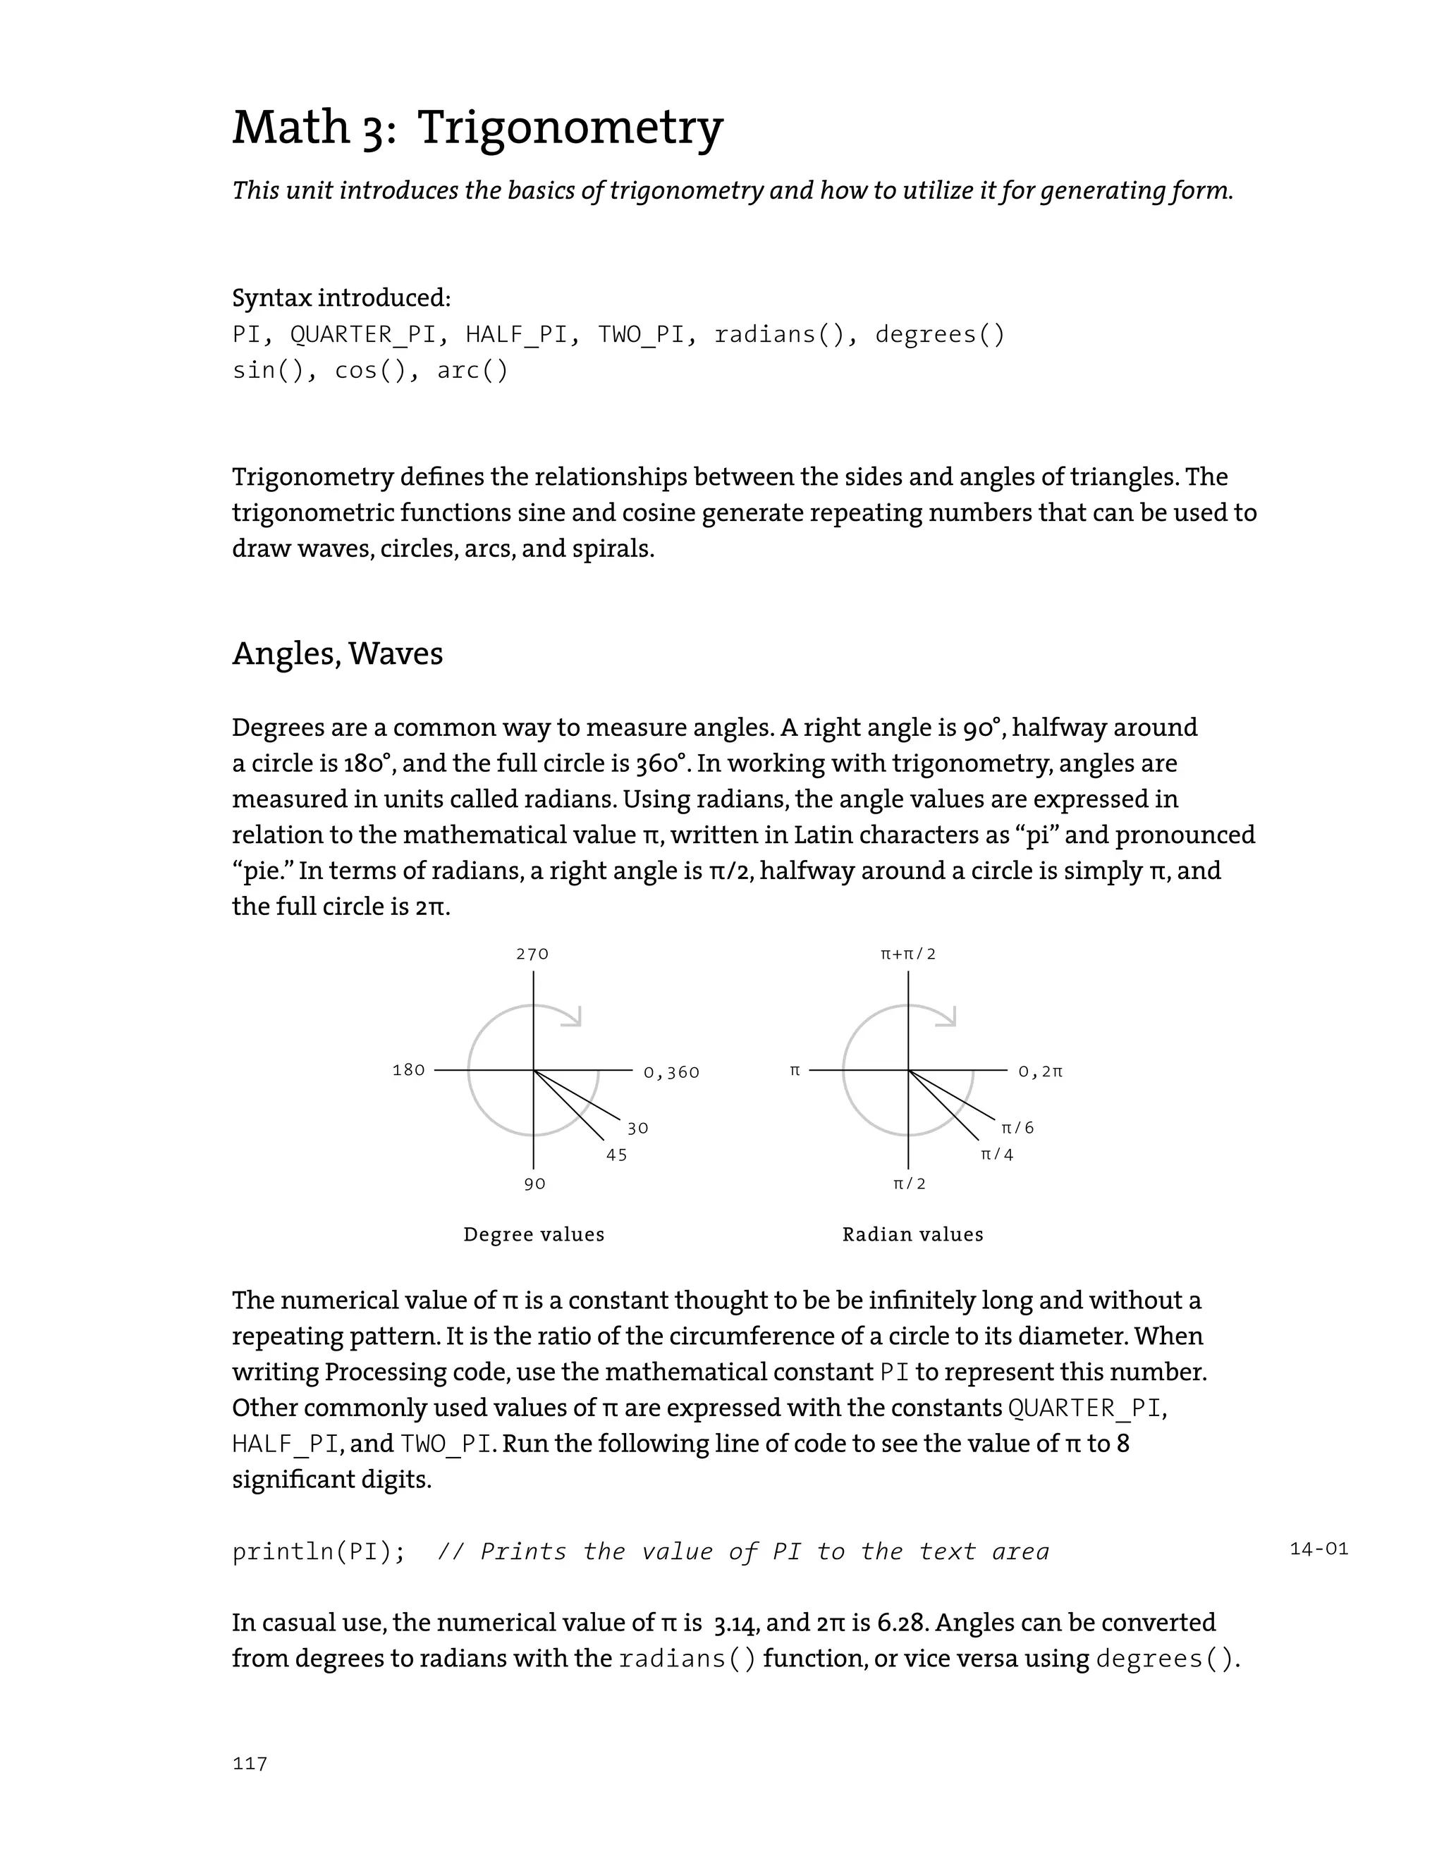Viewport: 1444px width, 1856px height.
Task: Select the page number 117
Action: (x=250, y=1764)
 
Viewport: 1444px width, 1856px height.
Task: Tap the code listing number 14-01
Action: (x=1318, y=1549)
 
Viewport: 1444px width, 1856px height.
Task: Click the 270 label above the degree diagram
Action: (x=533, y=954)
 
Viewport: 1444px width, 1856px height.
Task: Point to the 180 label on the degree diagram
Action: (x=409, y=1070)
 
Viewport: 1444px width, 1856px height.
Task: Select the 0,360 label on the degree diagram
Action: (x=671, y=1072)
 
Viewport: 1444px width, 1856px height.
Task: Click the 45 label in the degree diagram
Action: (x=617, y=1155)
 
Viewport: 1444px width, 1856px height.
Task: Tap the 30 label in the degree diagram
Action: (x=638, y=1129)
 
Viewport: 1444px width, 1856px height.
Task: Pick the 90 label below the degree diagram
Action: (x=534, y=1184)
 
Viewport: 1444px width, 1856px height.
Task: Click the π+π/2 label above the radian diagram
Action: (x=907, y=954)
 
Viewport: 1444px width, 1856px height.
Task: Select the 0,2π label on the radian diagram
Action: (x=1040, y=1072)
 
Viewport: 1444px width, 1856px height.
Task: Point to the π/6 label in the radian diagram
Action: (x=1017, y=1128)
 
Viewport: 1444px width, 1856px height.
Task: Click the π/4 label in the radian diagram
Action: (x=997, y=1155)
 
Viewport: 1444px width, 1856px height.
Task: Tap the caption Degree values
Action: (x=534, y=1235)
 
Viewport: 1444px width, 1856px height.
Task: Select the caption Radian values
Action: (x=913, y=1235)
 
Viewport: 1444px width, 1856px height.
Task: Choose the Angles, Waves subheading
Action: (x=338, y=653)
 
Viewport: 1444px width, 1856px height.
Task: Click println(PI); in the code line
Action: (x=319, y=1551)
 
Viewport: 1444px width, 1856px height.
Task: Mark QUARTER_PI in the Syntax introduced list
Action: (x=362, y=335)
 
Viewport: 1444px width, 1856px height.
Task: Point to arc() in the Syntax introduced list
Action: (x=472, y=371)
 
